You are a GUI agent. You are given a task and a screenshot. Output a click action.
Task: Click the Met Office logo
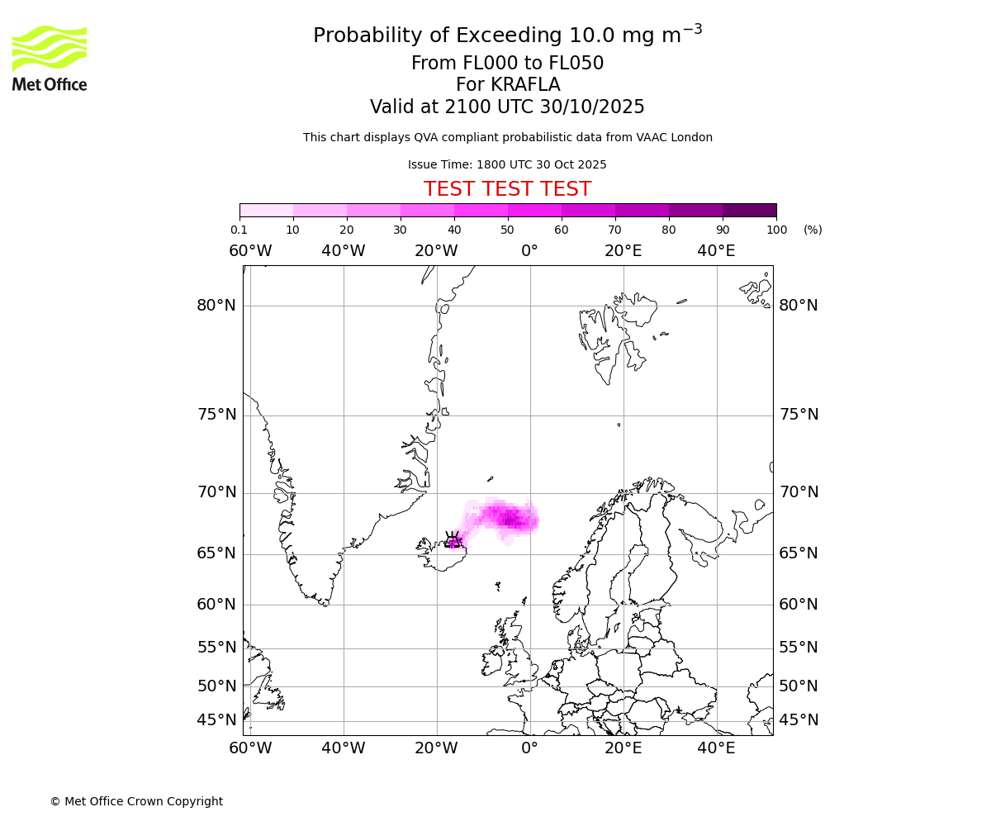50,58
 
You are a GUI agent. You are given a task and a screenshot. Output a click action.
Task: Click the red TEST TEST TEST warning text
507,189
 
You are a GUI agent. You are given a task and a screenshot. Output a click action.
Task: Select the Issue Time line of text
507,164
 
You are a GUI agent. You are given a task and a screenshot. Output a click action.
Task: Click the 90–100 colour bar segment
749,210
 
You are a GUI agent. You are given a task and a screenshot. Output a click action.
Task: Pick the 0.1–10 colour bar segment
267,210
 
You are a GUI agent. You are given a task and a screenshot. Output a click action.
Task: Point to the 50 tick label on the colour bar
507,230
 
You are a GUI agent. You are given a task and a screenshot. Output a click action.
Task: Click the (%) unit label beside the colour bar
813,230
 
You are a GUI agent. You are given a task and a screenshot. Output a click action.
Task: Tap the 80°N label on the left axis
216,306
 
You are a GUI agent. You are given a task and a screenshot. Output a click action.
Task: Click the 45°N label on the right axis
799,720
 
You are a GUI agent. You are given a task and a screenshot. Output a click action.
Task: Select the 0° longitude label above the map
529,251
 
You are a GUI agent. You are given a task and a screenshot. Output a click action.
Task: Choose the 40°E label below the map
716,748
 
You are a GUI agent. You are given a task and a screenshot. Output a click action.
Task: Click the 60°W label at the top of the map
250,251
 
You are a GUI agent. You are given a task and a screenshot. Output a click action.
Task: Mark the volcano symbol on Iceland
453,540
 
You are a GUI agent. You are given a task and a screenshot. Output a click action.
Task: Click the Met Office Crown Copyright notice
136,801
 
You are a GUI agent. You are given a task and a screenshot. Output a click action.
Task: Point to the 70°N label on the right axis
799,492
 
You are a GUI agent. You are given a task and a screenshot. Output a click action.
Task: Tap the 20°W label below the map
436,748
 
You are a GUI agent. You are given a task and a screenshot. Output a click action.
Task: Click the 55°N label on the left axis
216,648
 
